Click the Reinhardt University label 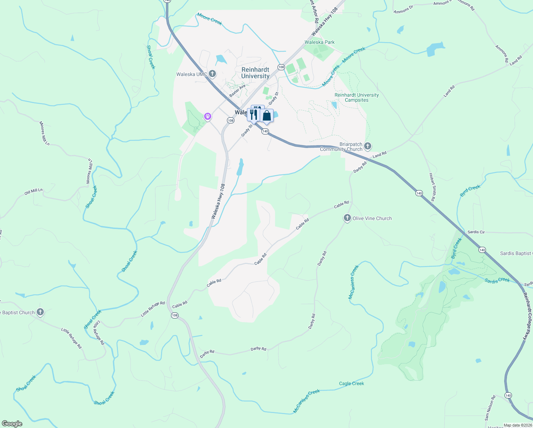click(255, 73)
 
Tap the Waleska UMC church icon click(212, 74)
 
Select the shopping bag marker click(266, 116)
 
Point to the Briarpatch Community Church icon click(368, 146)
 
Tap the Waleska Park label click(320, 42)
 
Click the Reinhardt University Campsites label click(357, 97)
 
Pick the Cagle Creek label click(351, 383)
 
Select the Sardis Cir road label click(476, 232)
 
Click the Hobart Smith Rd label click(432, 187)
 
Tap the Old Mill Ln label click(33, 192)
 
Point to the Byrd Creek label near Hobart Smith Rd click(470, 190)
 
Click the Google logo click(12, 423)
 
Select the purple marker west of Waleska click(208, 116)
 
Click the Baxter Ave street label click(237, 90)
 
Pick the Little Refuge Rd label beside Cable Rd click(153, 309)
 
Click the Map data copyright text click(517, 425)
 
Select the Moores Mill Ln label click(45, 133)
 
